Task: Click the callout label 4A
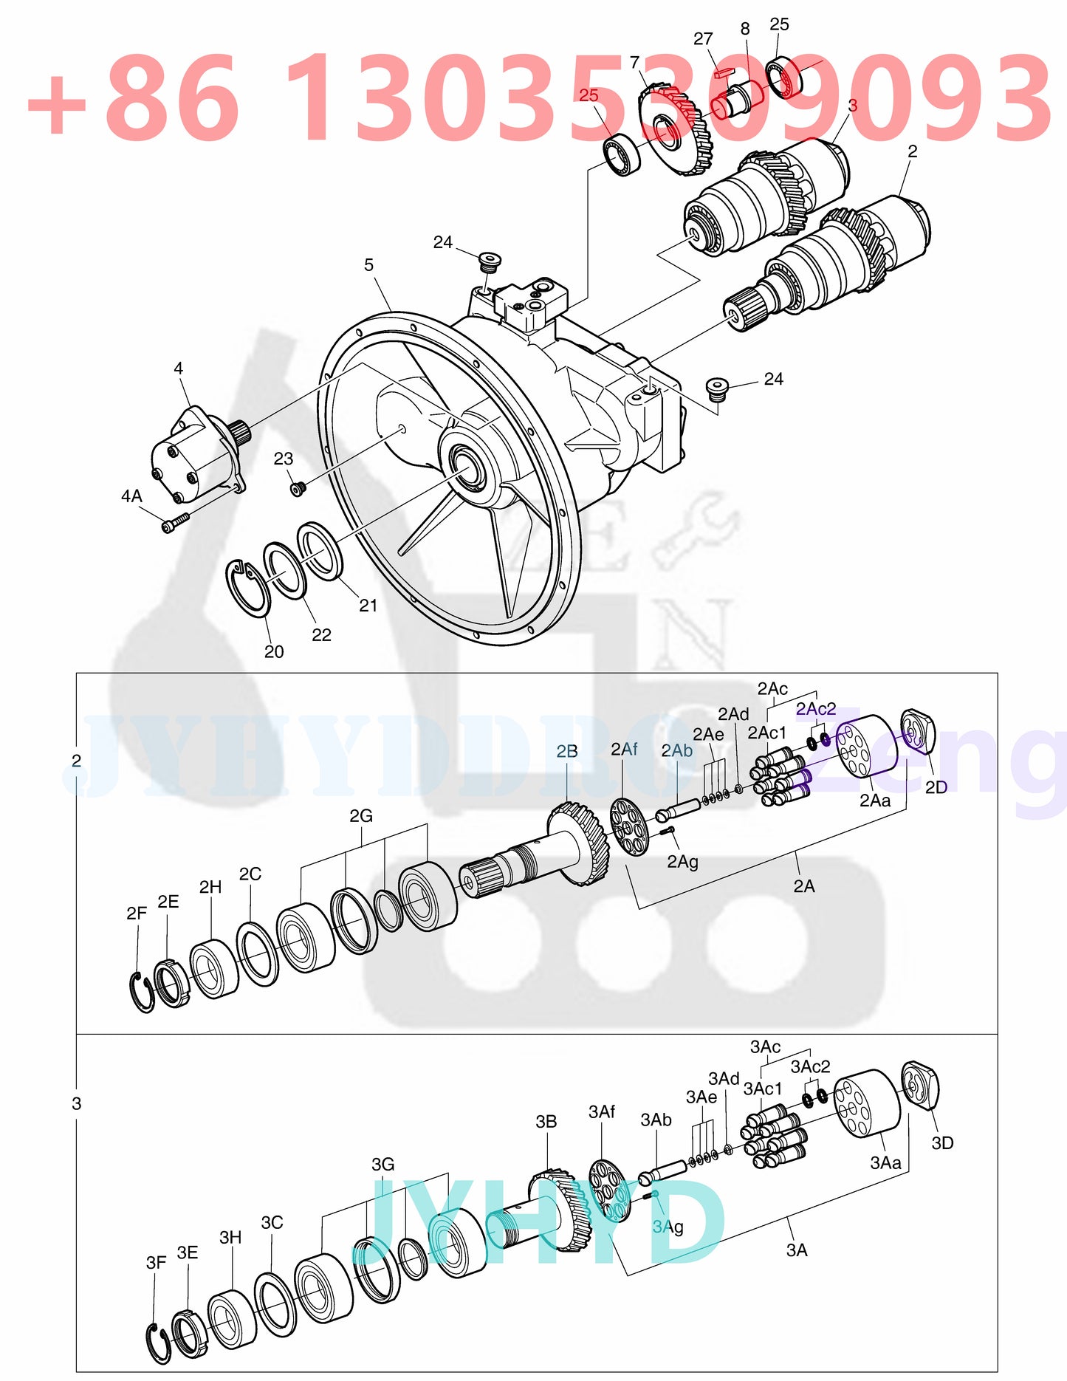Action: tap(131, 496)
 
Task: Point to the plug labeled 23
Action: tap(298, 489)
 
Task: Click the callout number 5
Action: tap(368, 265)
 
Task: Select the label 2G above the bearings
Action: tap(360, 816)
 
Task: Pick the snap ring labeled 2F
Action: tap(141, 991)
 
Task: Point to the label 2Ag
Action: tap(682, 862)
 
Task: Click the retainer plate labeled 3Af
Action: tap(610, 1189)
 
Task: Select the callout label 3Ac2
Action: tap(810, 1067)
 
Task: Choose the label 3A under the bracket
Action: tap(797, 1250)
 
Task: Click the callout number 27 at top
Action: tap(703, 39)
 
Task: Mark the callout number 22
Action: tap(321, 635)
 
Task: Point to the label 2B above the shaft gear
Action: tap(566, 752)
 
